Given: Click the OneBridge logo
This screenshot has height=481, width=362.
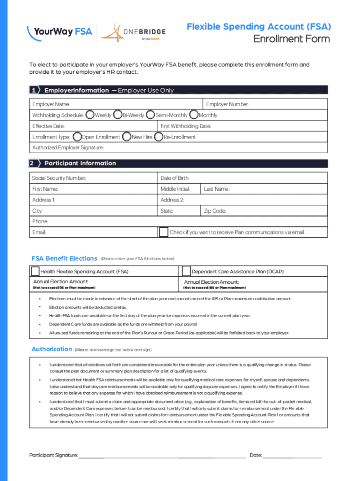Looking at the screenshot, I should tap(133, 33).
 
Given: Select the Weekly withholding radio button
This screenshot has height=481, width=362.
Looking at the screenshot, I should tap(90, 115).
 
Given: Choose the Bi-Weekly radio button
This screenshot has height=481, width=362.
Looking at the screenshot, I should tap(118, 115).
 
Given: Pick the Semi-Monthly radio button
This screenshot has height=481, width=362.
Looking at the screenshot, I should tap(150, 115).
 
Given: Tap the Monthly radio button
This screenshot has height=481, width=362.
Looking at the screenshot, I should tap(193, 115).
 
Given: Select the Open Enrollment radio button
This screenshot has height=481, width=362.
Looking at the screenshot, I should tap(77, 137).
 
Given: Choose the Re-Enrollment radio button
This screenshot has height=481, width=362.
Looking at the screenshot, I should tap(158, 137).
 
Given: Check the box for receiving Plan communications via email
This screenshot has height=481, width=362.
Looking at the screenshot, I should tap(163, 232).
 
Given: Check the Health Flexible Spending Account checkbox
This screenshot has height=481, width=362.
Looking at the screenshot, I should tap(35, 271).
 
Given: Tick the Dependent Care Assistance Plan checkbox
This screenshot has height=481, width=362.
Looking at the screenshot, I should tap(186, 271).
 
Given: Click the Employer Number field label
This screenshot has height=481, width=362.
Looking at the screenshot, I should tap(228, 104).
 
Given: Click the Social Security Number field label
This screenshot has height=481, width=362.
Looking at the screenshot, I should tap(59, 178).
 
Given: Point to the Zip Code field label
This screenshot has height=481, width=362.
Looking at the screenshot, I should tap(215, 211).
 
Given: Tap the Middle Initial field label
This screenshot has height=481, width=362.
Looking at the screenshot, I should tap(175, 189).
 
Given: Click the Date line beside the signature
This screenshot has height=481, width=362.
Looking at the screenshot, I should tap(292, 455).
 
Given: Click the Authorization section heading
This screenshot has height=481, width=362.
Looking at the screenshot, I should tap(52, 349).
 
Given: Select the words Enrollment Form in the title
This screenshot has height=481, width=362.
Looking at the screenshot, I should tap(291, 39).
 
